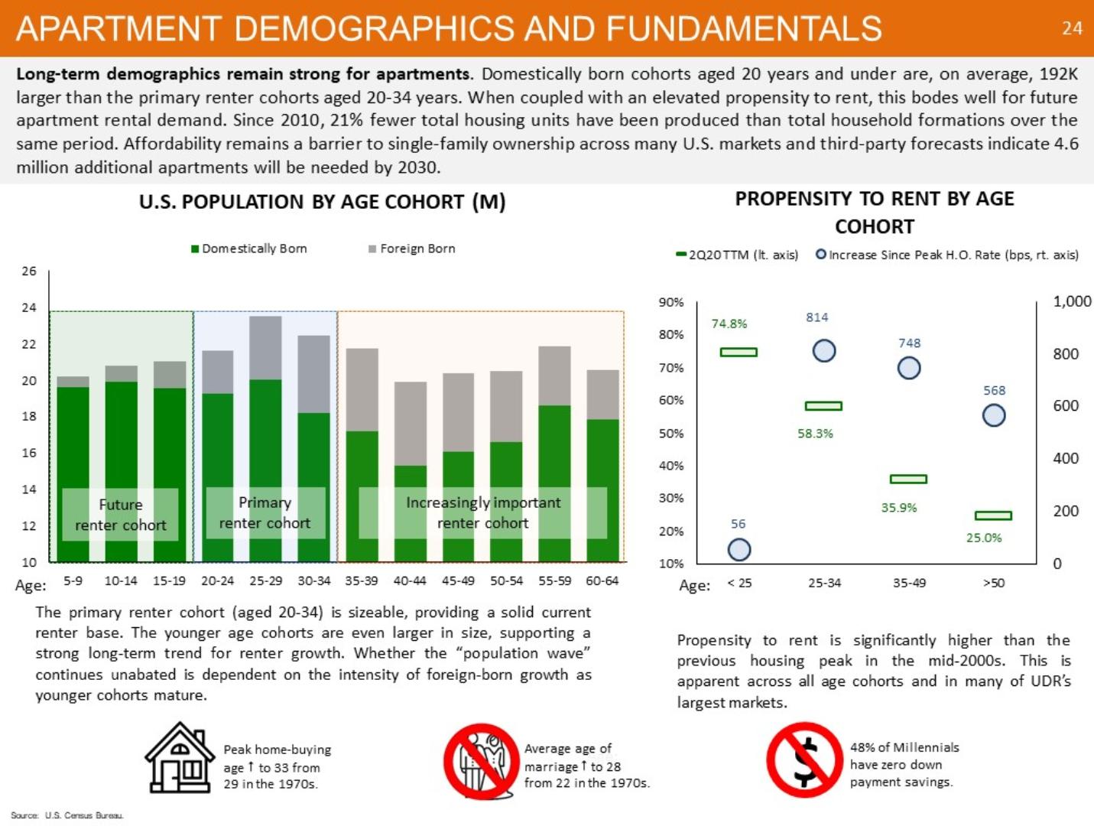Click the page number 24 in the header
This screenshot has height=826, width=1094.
(1072, 28)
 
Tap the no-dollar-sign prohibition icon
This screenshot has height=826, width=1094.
(803, 759)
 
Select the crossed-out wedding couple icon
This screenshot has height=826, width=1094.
(481, 761)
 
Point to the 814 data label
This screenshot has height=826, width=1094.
(816, 317)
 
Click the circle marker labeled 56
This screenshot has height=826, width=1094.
(739, 549)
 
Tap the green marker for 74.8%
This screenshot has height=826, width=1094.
(739, 352)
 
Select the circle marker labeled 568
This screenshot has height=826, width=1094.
(993, 415)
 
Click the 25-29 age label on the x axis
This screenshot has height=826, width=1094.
(265, 580)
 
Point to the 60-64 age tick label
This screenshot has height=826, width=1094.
(602, 580)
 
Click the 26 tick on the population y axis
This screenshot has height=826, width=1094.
(29, 272)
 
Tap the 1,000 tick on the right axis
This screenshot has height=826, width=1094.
(1072, 301)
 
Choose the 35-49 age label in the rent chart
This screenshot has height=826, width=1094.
(909, 583)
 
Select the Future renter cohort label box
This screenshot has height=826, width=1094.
(120, 515)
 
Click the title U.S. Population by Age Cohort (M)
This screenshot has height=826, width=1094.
(322, 202)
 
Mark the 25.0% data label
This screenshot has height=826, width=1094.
(983, 538)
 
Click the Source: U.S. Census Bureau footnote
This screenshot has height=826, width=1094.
(67, 815)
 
